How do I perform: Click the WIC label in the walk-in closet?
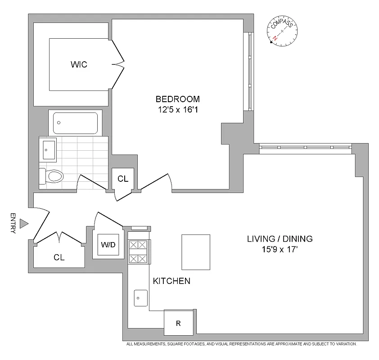pos(79,64)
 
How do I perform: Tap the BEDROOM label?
pos(177,99)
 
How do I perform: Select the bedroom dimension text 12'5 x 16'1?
pos(177,109)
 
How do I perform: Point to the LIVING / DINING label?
pos(280,239)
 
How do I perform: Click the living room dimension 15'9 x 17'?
pos(280,249)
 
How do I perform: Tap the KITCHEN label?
pos(171,281)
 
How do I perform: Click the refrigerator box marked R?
pos(179,323)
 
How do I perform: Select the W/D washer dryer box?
pos(108,245)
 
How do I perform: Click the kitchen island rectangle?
pos(196,252)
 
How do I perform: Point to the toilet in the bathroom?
pos(50,175)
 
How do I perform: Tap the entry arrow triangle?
pos(26,223)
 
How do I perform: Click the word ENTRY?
pos(13,223)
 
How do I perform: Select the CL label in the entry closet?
pos(59,257)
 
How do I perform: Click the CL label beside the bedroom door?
pos(123,179)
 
